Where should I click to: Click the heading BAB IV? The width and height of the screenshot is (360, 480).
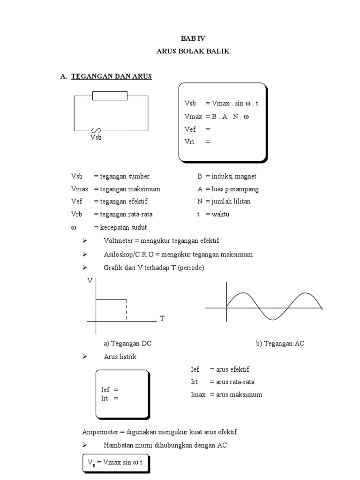pyautogui.click(x=193, y=39)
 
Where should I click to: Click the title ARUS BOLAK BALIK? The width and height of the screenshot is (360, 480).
pyautogui.click(x=193, y=51)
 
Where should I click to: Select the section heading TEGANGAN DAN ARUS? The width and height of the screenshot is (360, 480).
pyautogui.click(x=112, y=76)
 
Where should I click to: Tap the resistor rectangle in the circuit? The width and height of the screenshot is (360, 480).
pyautogui.click(x=110, y=96)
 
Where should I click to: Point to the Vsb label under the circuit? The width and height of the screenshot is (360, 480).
pyautogui.click(x=96, y=138)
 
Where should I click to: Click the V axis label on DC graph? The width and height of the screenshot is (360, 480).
pyautogui.click(x=90, y=281)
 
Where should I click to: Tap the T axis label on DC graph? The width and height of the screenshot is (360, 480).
pyautogui.click(x=162, y=319)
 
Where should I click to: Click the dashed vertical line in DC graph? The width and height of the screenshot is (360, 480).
pyautogui.click(x=126, y=310)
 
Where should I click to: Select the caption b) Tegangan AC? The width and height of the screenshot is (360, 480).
pyautogui.click(x=280, y=344)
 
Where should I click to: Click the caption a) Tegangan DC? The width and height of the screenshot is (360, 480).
pyautogui.click(x=127, y=344)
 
